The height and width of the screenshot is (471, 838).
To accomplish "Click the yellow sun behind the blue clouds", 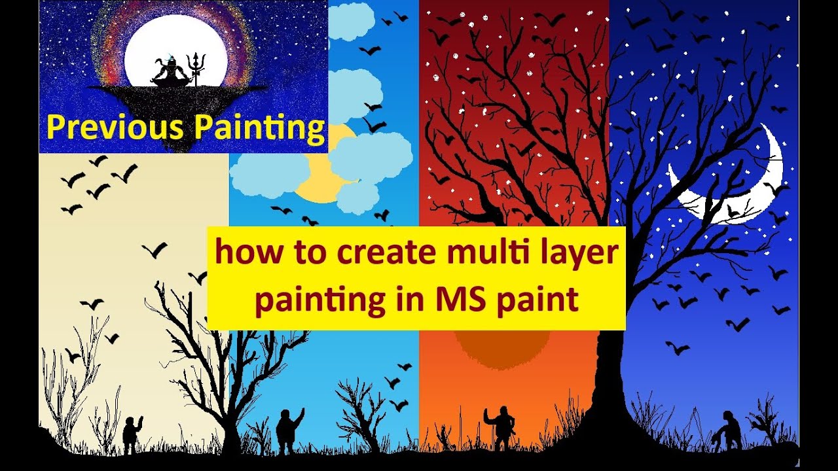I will (321, 177).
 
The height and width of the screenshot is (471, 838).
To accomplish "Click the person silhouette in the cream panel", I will (132, 434).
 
